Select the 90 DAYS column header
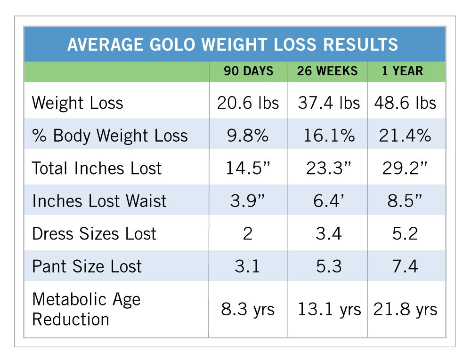click(x=248, y=71)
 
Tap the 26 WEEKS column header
click(x=327, y=71)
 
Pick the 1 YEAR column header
click(x=403, y=71)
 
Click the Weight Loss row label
click(x=77, y=103)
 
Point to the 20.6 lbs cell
click(x=248, y=103)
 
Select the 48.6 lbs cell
click(x=405, y=103)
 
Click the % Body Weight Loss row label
click(x=110, y=136)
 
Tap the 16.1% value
click(x=328, y=136)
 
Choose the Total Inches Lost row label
click(x=97, y=168)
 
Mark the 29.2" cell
click(x=405, y=168)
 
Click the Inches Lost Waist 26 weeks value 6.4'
click(x=328, y=201)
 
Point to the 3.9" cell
click(x=248, y=201)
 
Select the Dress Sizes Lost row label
click(x=94, y=234)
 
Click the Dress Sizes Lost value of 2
click(x=248, y=234)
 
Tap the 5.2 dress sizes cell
click(x=405, y=234)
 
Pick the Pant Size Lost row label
click(x=87, y=266)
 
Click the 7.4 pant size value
click(x=405, y=266)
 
